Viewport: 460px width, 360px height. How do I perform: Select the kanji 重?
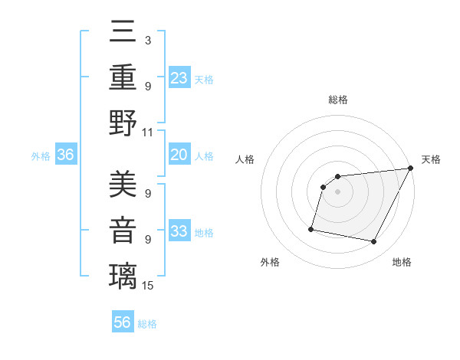(x=123, y=77)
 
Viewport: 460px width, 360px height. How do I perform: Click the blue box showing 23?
(x=179, y=77)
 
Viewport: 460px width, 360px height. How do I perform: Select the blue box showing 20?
(x=179, y=155)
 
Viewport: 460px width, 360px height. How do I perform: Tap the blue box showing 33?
(x=179, y=231)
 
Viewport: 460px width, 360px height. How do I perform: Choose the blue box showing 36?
(x=66, y=155)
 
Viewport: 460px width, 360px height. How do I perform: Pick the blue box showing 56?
(x=123, y=322)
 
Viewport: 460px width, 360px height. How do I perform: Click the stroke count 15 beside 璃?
(x=149, y=286)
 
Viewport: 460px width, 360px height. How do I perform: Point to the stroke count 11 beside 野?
(x=148, y=132)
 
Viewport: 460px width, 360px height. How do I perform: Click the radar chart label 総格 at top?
(x=337, y=100)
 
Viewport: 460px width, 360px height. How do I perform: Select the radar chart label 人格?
(x=245, y=159)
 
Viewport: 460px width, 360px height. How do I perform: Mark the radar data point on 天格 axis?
(x=410, y=169)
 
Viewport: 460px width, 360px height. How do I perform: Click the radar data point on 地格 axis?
(x=374, y=242)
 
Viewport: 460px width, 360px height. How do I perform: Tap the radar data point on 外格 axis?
(x=311, y=228)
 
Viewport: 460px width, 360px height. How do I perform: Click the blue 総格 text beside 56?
(x=147, y=323)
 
